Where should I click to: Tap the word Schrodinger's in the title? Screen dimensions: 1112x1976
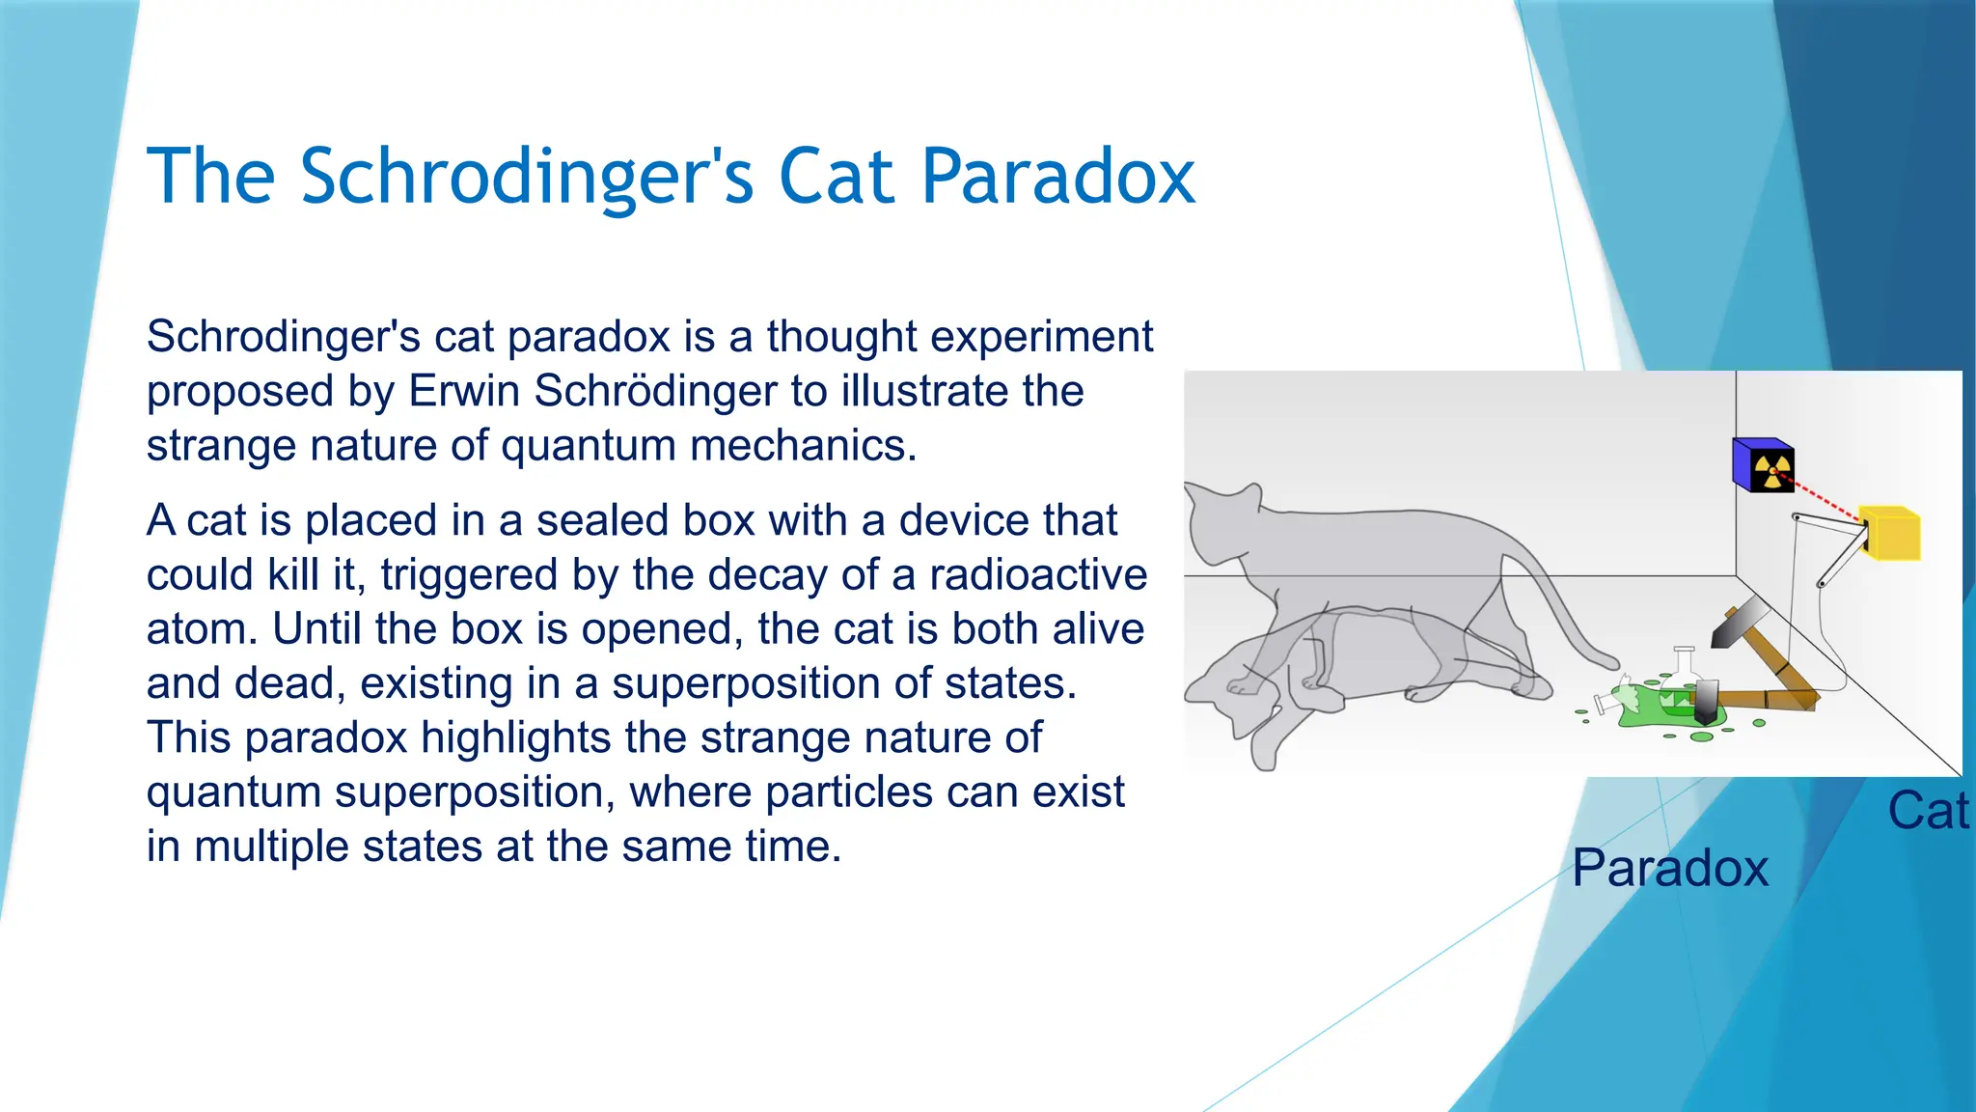[x=526, y=178]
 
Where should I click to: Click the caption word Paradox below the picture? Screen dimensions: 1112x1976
[x=1669, y=868]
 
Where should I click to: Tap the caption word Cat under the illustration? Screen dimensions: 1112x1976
[x=1927, y=811]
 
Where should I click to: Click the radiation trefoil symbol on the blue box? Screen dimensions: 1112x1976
[x=1772, y=470]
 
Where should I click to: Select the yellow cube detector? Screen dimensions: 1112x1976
[x=1891, y=534]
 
